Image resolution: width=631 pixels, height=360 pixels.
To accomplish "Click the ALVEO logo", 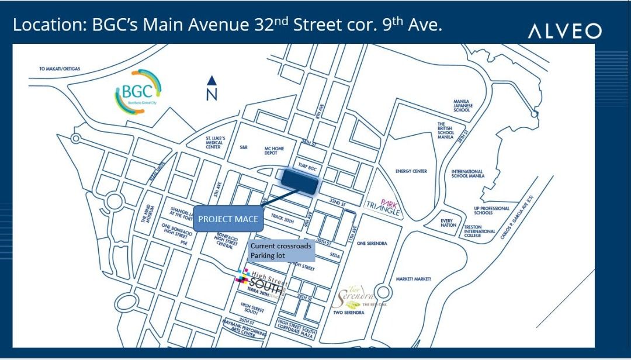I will point(564,31).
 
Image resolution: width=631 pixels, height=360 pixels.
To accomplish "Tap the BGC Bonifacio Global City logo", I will point(138,91).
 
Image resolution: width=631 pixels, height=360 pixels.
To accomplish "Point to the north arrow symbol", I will point(212,88).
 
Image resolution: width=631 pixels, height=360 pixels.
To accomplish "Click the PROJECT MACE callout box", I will point(228,219).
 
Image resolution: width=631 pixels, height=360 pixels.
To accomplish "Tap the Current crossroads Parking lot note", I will point(282,251).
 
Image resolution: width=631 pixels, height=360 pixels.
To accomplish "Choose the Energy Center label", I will point(411,171).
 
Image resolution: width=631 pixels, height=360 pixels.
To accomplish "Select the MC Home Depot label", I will point(274,151).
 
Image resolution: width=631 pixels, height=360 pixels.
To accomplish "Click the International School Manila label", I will point(467,174).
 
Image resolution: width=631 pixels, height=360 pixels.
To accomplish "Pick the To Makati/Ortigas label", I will point(60,68).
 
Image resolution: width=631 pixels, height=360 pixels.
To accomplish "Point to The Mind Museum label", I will point(147,214).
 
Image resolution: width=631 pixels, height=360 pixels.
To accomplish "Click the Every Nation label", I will point(449,223).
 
